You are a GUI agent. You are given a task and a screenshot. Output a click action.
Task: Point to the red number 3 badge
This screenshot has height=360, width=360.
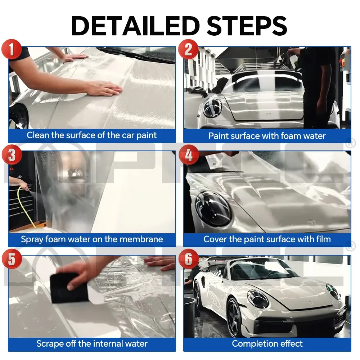12,155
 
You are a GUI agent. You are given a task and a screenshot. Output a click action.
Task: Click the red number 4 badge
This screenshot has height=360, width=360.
188,155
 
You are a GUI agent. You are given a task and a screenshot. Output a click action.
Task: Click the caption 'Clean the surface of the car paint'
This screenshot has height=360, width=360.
92,136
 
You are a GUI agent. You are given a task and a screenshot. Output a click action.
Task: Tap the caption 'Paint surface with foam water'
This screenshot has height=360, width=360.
267,136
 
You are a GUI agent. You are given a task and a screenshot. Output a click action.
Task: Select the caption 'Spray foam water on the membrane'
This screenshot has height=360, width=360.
92,239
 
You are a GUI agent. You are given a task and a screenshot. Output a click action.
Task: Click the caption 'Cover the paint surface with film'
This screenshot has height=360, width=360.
267,239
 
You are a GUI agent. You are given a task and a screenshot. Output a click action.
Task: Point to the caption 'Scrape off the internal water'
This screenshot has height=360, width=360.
92,344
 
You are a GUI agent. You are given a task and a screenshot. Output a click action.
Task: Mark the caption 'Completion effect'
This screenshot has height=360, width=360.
267,344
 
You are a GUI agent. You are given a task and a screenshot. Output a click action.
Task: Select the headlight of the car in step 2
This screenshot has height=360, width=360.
212,108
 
